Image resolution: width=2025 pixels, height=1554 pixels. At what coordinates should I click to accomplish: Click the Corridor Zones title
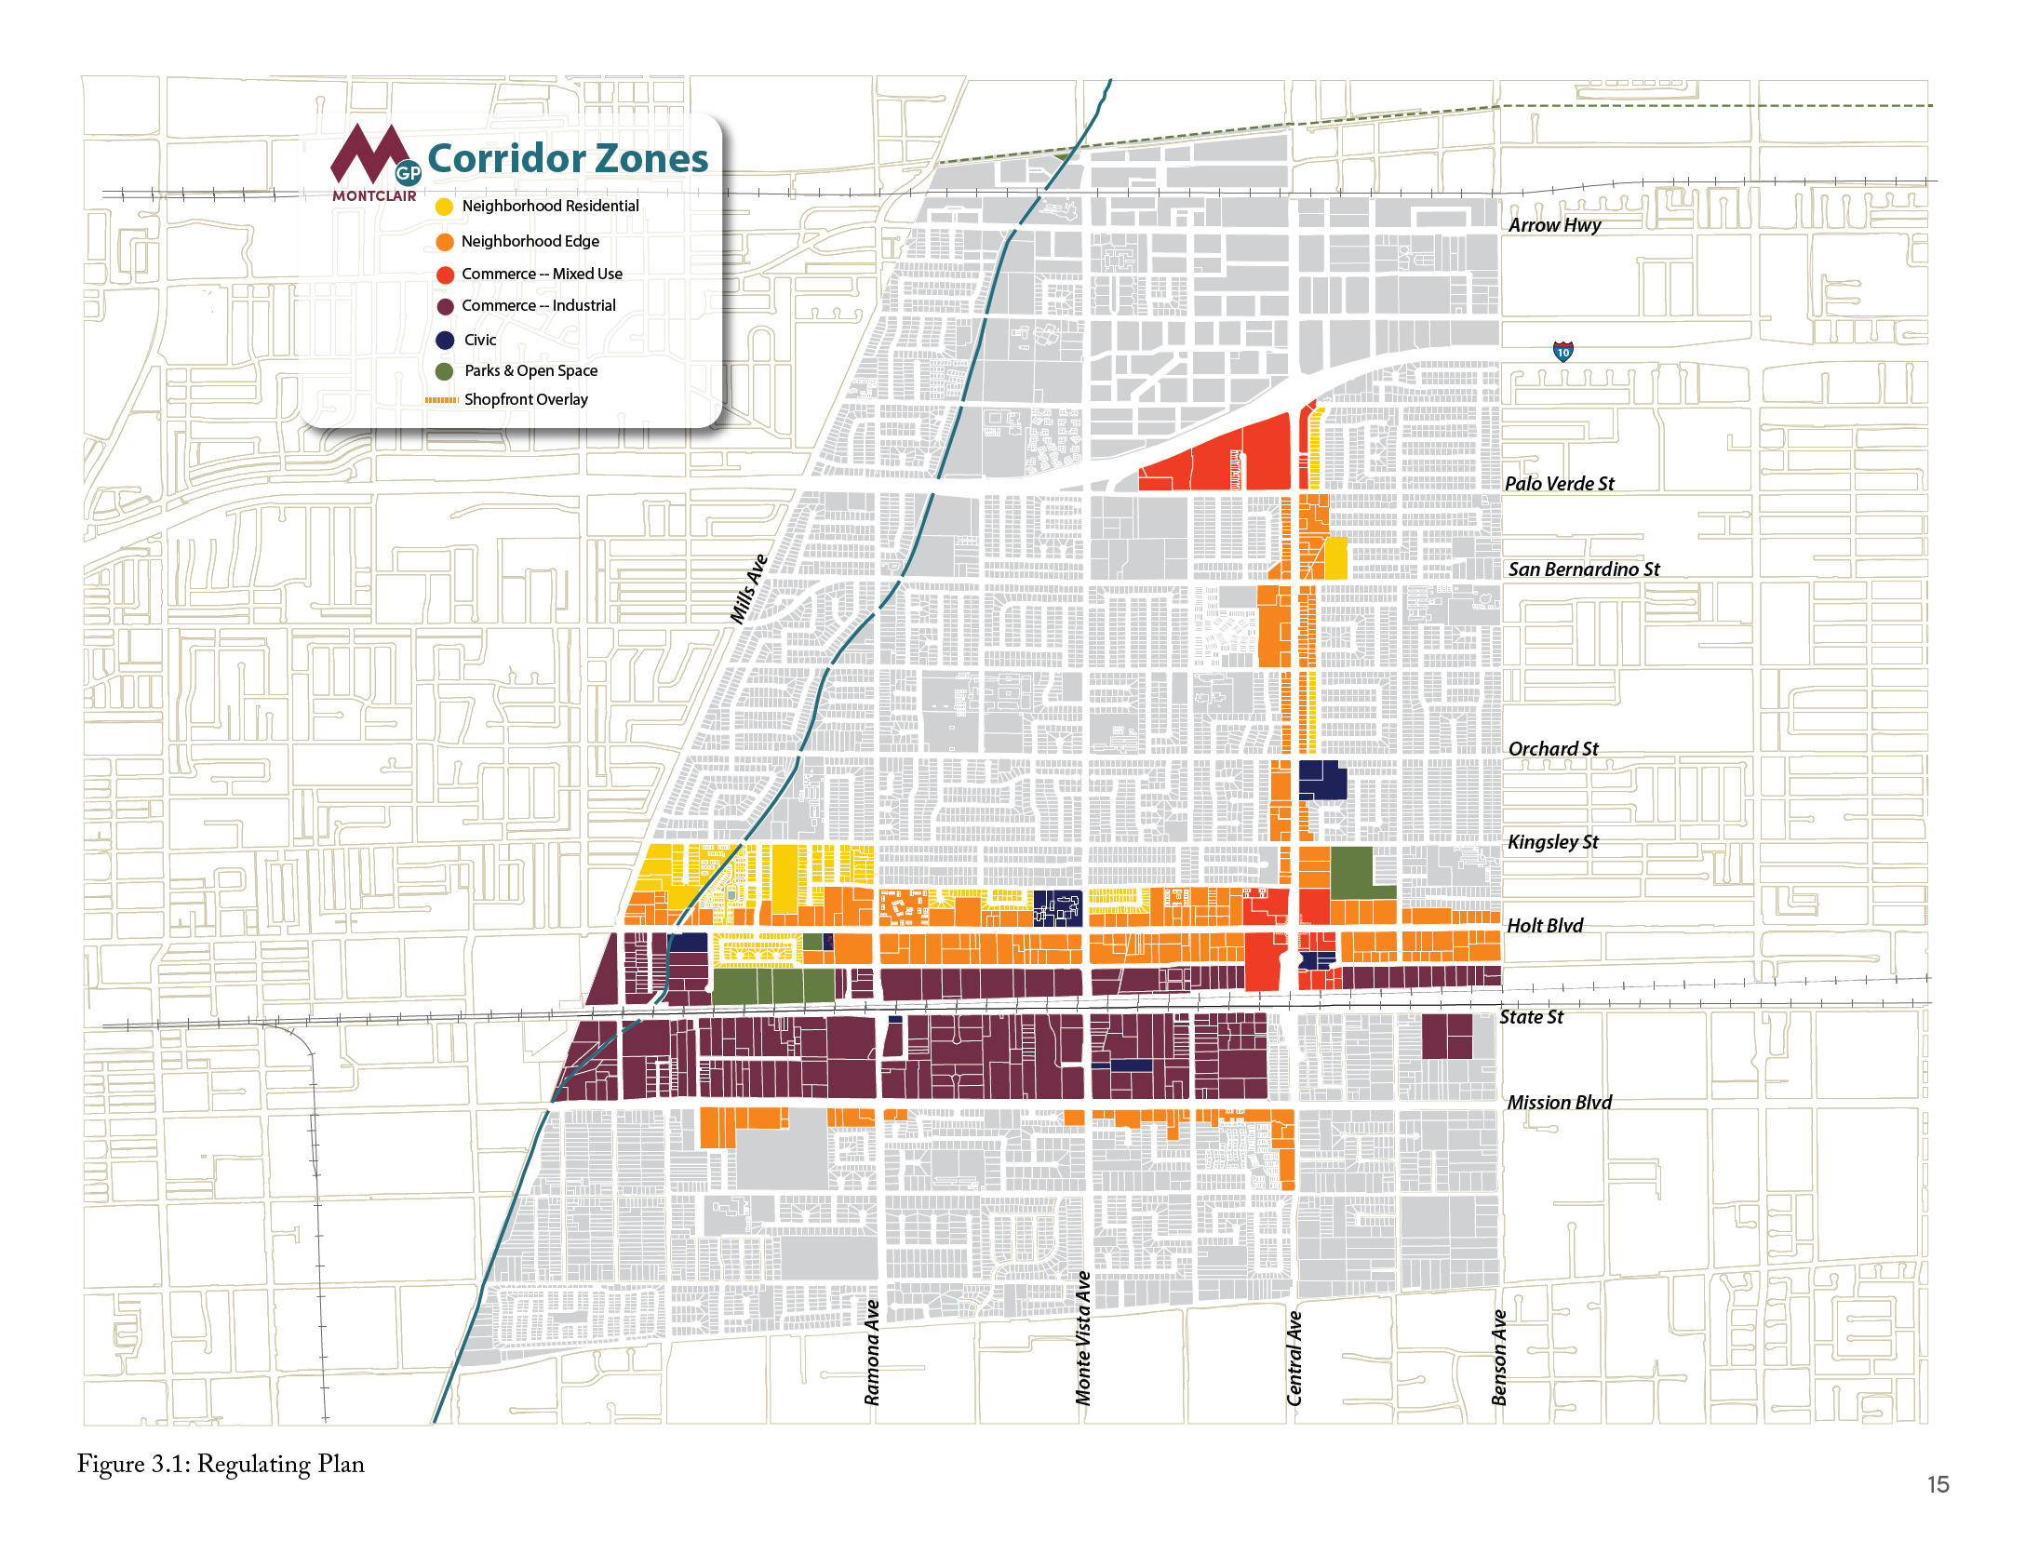pos(567,158)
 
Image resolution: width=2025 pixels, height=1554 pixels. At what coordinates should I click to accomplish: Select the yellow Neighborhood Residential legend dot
pos(445,207)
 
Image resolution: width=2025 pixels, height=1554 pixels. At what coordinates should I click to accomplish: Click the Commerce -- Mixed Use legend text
pos(542,274)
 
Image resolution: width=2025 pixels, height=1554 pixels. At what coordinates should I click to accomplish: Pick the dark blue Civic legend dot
pos(445,340)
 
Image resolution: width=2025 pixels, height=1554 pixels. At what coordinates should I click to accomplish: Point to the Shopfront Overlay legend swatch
pos(442,400)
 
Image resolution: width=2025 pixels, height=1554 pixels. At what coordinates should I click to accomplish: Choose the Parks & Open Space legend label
pos(530,370)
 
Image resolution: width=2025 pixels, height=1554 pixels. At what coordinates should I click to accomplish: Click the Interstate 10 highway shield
pos(1563,351)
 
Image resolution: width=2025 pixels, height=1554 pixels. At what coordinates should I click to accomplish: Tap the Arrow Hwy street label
pos(1554,224)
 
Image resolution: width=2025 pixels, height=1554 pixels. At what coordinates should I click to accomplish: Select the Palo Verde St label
pos(1559,483)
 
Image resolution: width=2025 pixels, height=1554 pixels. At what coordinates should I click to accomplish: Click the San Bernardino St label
pos(1583,569)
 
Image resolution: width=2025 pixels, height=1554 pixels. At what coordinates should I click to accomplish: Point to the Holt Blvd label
pos(1544,925)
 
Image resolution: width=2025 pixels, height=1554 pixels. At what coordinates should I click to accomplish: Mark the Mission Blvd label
pos(1559,1102)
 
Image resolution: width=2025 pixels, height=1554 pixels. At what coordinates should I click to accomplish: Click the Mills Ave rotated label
pos(749,588)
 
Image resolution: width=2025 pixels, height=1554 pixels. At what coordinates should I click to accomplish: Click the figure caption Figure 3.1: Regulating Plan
pos(221,1464)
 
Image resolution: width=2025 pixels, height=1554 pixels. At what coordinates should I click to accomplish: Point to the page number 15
pos(1938,1484)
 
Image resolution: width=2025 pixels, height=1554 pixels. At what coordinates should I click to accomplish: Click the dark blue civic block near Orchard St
pos(1321,780)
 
